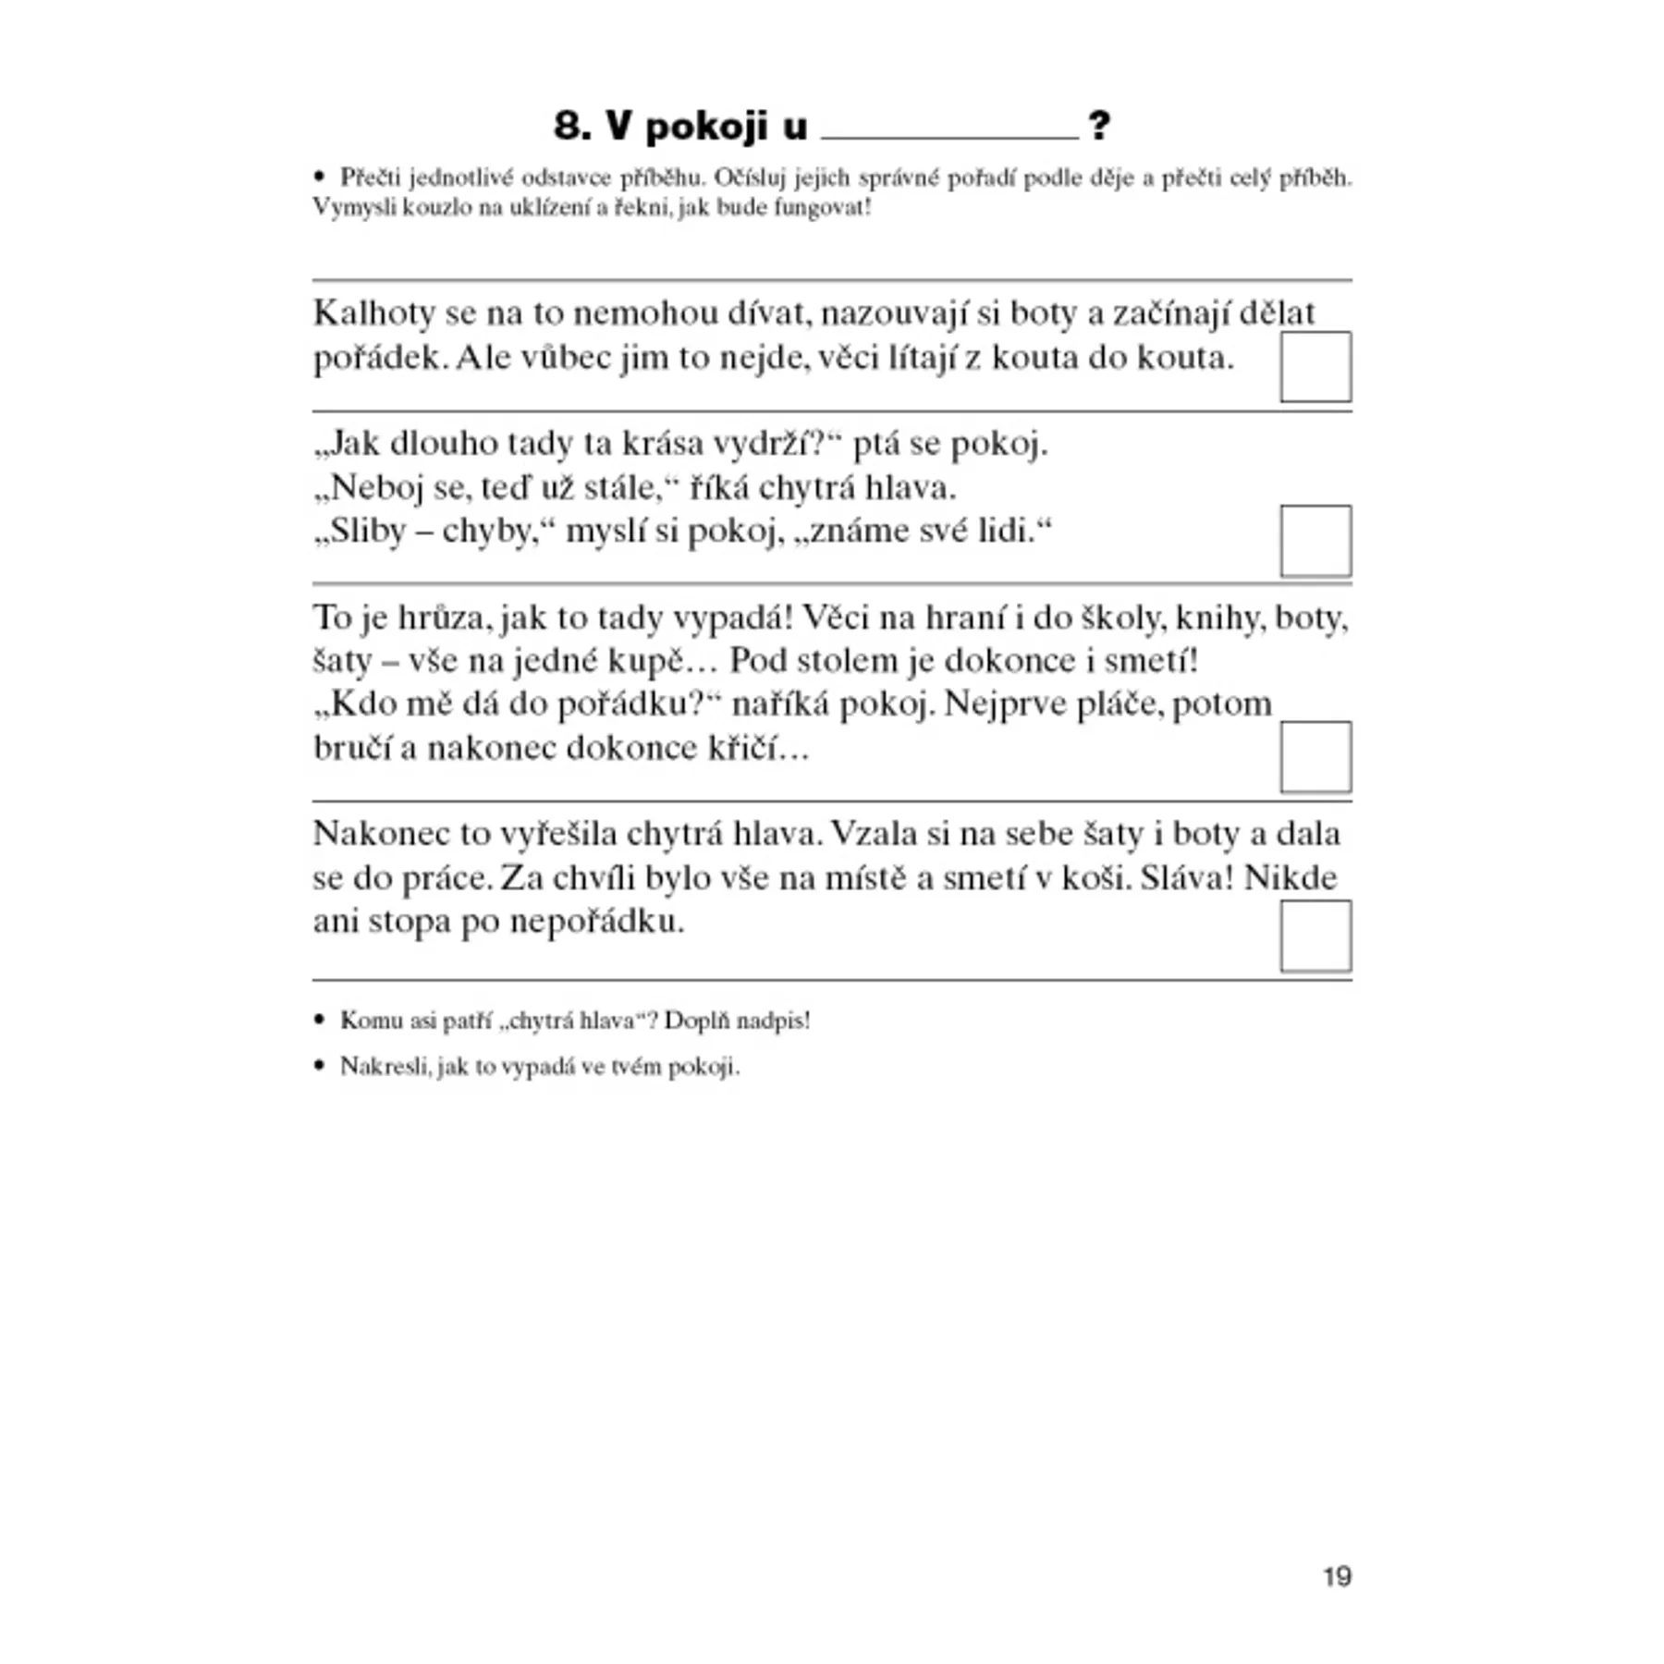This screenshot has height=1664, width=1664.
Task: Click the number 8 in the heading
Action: (571, 126)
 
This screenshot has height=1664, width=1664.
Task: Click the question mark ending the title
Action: (1098, 126)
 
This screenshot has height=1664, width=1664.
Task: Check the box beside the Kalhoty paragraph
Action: (1315, 367)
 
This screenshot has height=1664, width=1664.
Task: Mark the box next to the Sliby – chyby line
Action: (1315, 541)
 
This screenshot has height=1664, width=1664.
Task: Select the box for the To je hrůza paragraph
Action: (1315, 757)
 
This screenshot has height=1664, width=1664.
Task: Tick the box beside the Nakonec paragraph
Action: (1315, 936)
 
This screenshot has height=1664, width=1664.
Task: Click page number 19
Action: (1337, 1576)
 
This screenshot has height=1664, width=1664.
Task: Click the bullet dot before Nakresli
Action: (320, 1066)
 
